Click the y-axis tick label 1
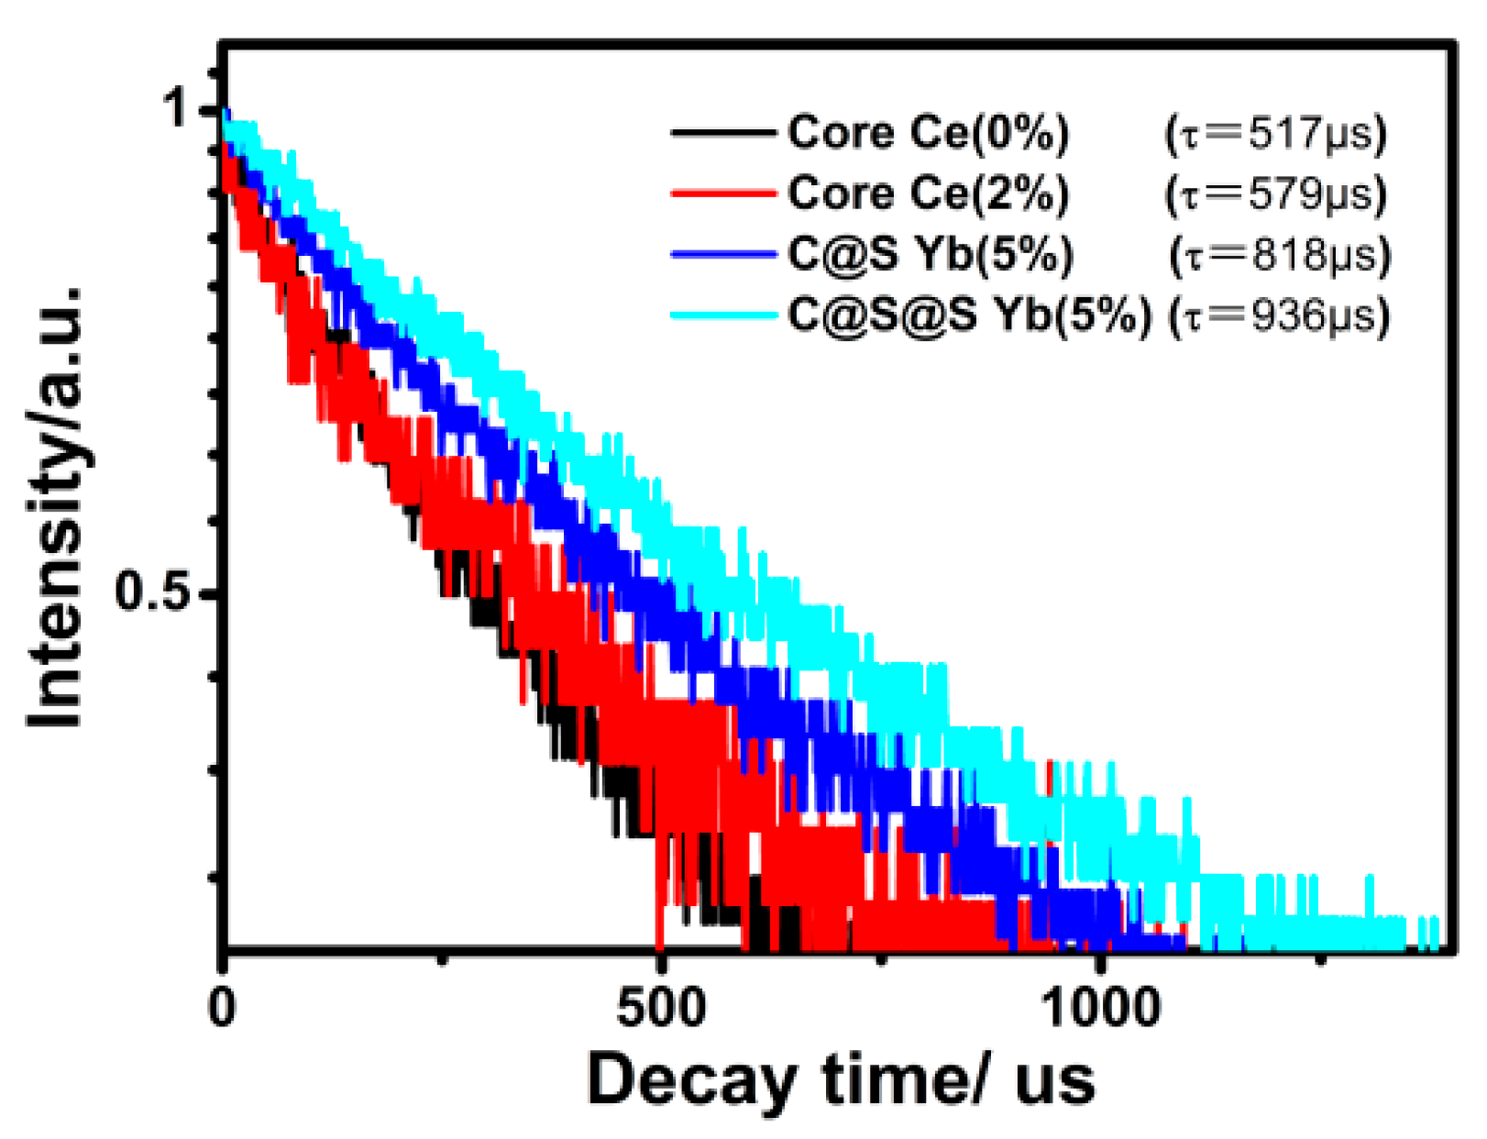[x=175, y=109]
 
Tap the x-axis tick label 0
[x=222, y=1007]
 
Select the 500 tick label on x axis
[x=661, y=1007]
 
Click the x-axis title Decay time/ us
[x=841, y=1080]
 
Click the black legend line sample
[x=722, y=134]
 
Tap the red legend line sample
[x=722, y=194]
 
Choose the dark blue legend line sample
[x=722, y=254]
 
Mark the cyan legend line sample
[x=722, y=315]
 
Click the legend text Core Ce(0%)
[x=928, y=133]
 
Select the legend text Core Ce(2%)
[x=928, y=194]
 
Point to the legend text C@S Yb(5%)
[x=930, y=254]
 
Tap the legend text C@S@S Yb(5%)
[x=969, y=315]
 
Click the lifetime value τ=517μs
[x=1275, y=134]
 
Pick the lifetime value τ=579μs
[x=1275, y=194]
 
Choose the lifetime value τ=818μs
[x=1280, y=255]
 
